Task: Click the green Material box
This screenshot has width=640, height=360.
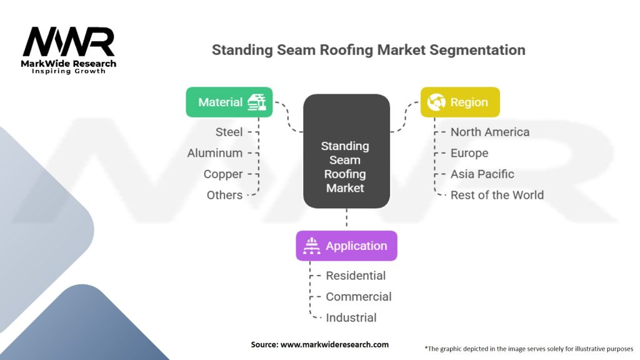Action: point(229,102)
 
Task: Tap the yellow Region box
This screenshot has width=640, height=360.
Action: point(460,102)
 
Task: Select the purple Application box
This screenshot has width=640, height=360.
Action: point(346,246)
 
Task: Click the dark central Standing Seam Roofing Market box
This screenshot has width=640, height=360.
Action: point(346,151)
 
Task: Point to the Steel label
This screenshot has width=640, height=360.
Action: point(229,132)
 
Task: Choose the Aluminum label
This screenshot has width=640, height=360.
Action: point(215,153)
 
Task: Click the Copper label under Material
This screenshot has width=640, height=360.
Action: point(223,174)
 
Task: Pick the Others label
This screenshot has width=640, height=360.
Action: point(224,195)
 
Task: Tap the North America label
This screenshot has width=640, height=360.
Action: point(489,132)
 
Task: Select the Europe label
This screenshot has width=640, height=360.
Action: point(469,153)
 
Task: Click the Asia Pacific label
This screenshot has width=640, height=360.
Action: point(482,174)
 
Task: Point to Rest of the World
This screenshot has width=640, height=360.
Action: point(497,195)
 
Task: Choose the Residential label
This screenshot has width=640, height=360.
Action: point(356,276)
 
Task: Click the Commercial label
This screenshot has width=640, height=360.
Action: point(359,297)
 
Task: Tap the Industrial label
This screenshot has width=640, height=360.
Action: point(351,317)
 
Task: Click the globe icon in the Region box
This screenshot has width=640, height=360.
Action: point(436,102)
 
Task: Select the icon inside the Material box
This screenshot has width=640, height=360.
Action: point(257,102)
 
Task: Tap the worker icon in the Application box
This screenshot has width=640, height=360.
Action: point(311,246)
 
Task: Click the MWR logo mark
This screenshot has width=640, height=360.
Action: point(69,42)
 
